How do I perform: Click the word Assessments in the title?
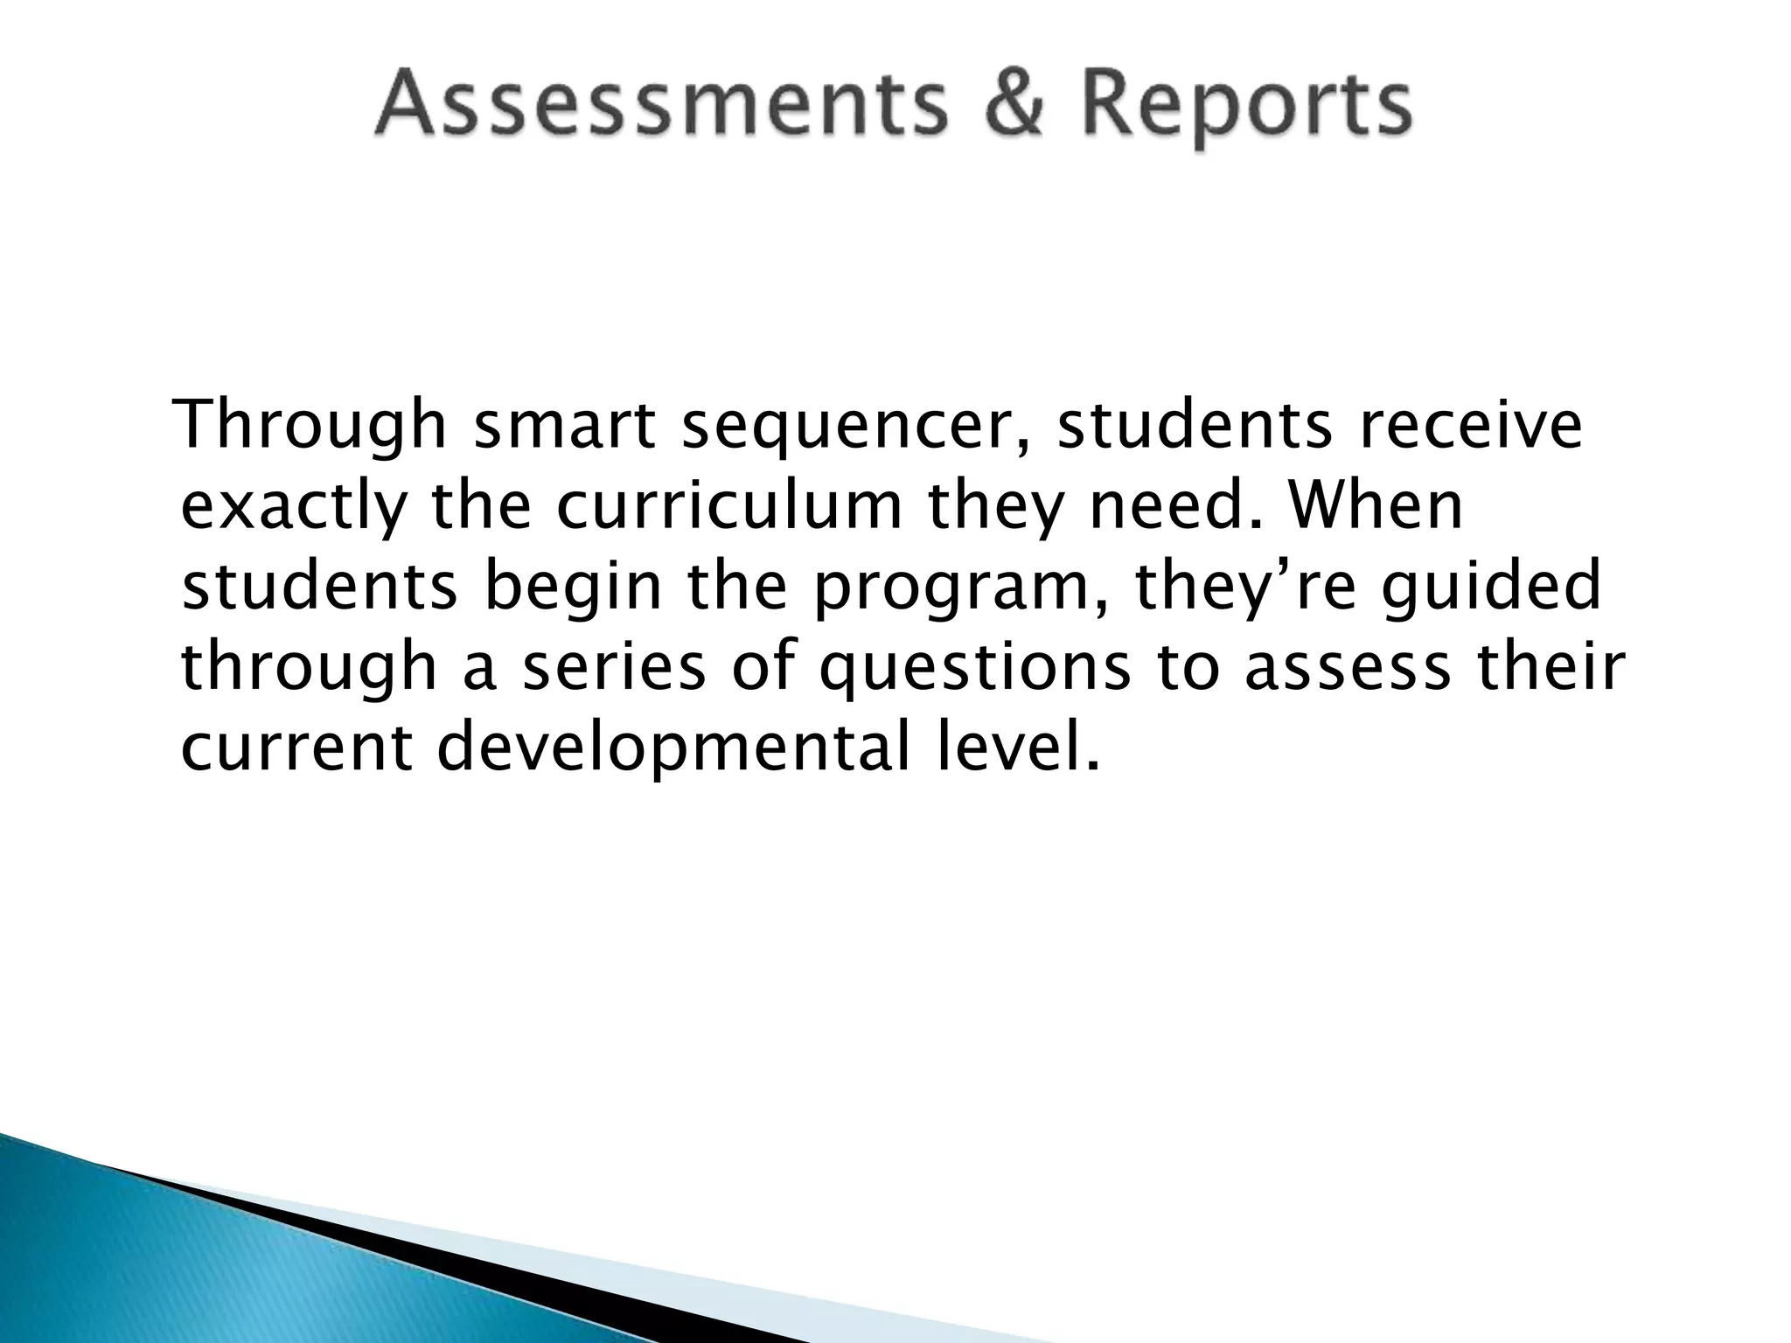(660, 107)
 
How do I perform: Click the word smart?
(565, 426)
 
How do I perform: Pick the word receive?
(1468, 426)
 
